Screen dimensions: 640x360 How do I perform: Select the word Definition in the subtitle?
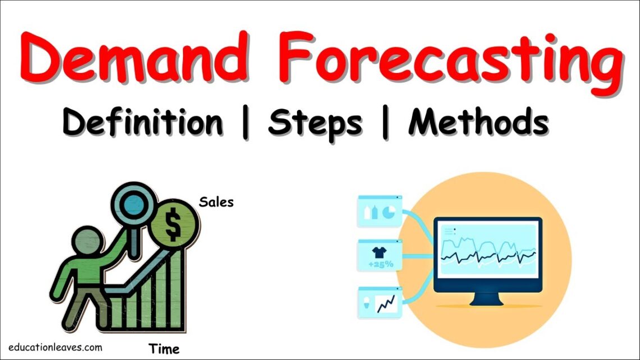pos(143,121)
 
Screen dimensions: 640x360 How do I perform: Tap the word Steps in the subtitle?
pos(315,123)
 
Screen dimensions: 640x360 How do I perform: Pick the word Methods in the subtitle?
pos(478,121)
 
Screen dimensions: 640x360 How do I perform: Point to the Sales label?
pos(216,202)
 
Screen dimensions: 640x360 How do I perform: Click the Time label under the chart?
pos(164,349)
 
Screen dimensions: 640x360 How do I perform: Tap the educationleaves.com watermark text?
pos(55,347)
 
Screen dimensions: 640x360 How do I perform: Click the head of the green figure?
pos(88,241)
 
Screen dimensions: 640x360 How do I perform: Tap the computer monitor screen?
pos(488,250)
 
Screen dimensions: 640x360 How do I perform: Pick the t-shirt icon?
pos(379,252)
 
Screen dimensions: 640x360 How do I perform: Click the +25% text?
pos(381,265)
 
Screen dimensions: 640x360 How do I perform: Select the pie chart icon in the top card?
pos(388,212)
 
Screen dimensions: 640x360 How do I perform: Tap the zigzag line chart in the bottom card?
pos(386,304)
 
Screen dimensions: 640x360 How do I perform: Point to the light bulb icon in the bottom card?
pos(367,303)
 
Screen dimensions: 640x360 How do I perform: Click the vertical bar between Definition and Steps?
pos(246,123)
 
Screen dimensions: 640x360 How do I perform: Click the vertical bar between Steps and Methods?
pos(385,123)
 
